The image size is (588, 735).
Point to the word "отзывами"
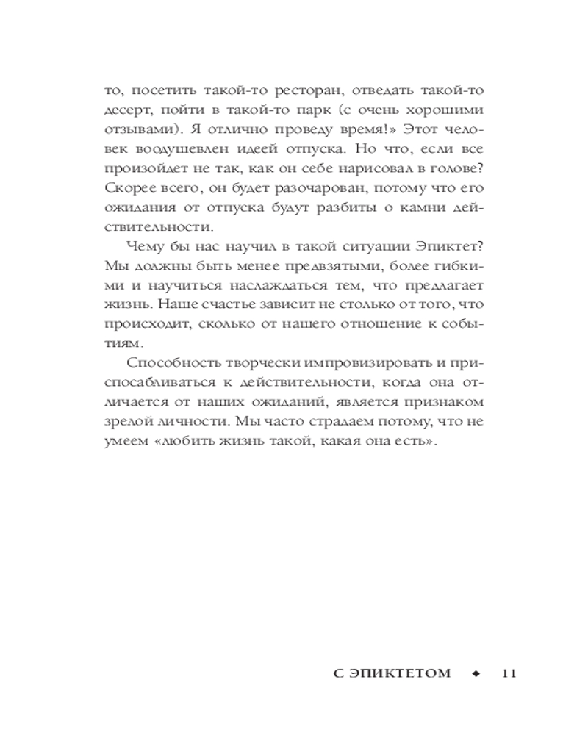coord(136,129)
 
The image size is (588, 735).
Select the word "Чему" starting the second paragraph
coord(143,246)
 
